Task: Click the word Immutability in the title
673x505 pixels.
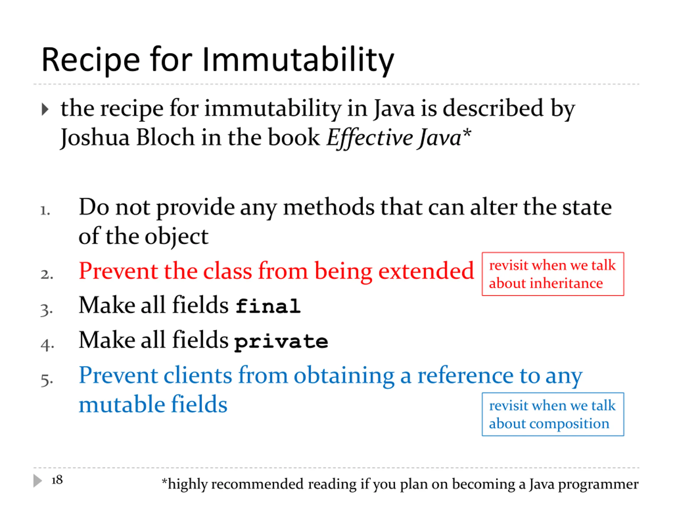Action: coord(298,60)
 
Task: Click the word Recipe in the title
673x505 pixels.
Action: coord(91,60)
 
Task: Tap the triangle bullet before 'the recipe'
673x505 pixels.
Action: coord(45,109)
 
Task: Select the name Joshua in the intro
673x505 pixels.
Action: coord(95,138)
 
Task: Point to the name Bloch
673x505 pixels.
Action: coord(165,137)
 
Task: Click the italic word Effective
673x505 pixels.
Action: coord(369,138)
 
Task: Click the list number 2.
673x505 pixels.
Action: coord(47,275)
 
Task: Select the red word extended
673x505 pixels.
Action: coord(426,270)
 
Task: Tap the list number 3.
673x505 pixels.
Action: coord(47,310)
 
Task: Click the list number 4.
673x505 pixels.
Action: coord(47,345)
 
